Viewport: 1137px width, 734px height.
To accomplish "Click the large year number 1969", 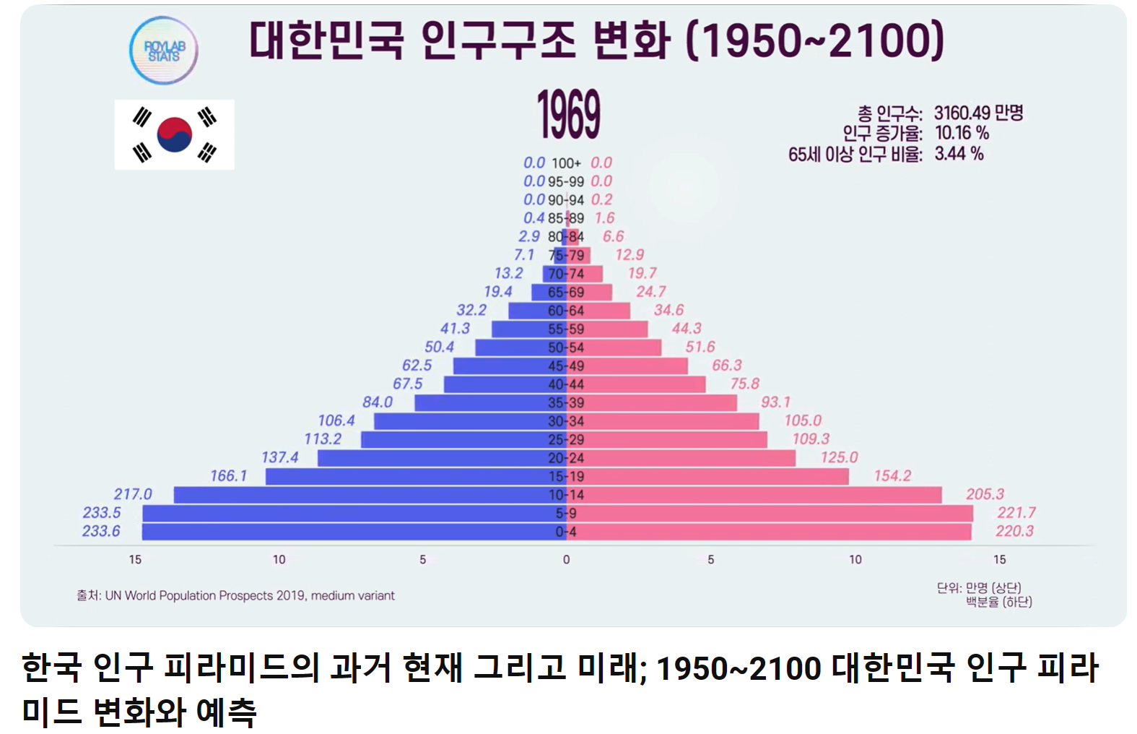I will [x=569, y=115].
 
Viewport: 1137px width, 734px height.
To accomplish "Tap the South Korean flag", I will [x=174, y=135].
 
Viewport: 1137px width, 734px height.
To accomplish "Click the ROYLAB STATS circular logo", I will [x=164, y=51].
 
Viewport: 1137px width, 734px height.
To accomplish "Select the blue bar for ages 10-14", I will [x=361, y=495].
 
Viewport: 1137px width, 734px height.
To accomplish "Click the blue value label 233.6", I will [x=101, y=531].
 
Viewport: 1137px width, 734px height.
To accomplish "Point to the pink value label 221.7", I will [x=1016, y=513].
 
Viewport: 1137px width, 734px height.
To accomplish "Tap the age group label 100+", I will [x=566, y=163].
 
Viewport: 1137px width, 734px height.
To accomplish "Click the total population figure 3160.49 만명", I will [x=978, y=113].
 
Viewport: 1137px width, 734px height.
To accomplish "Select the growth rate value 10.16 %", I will [x=962, y=134].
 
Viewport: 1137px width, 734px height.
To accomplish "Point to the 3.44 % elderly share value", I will [x=959, y=154].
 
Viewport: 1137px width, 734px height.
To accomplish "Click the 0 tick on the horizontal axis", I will [x=566, y=560].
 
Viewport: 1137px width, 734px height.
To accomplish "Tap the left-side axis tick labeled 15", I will [x=135, y=560].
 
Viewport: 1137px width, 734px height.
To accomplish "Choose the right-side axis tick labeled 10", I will [x=855, y=560].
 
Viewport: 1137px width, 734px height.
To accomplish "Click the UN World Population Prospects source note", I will [x=236, y=596].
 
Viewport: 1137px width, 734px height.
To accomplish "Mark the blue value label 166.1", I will [x=228, y=476].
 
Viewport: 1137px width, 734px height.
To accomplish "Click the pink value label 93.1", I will [x=775, y=402].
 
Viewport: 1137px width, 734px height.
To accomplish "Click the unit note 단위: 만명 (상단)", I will [x=979, y=588].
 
